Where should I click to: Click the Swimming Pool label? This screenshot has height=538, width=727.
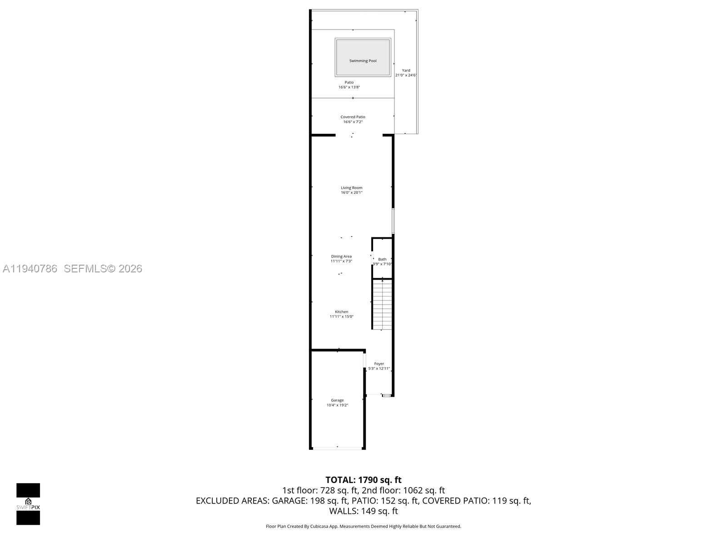click(x=363, y=61)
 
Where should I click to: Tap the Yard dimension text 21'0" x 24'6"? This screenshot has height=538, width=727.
click(x=406, y=75)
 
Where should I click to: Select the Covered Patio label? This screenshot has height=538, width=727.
click(x=353, y=117)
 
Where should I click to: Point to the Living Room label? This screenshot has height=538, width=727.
click(x=352, y=188)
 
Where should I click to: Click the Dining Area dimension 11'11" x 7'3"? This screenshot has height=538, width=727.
click(x=341, y=262)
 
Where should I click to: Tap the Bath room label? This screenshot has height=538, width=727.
click(x=382, y=259)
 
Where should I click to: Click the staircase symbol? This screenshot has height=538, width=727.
click(x=382, y=304)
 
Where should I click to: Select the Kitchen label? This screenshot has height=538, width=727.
click(x=341, y=312)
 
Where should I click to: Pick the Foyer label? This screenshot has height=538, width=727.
click(x=379, y=364)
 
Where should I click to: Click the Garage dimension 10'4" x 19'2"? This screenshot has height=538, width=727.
click(x=337, y=405)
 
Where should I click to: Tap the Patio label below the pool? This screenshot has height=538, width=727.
click(x=349, y=82)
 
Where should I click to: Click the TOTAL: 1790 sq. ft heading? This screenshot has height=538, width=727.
click(x=363, y=480)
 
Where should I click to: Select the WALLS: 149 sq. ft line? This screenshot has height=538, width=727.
click(x=363, y=511)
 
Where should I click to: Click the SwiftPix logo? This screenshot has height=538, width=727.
click(x=28, y=504)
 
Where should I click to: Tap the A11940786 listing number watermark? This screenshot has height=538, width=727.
click(x=30, y=269)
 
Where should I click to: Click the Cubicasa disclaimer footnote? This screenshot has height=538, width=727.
click(x=363, y=527)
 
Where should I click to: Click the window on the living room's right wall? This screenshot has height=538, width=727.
click(x=393, y=221)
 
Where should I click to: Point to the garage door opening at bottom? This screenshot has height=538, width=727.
click(x=337, y=448)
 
